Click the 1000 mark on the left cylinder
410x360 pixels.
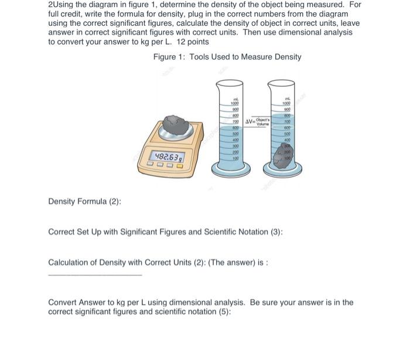point(235,103)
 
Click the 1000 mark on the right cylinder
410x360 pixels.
point(288,103)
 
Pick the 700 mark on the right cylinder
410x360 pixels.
point(288,121)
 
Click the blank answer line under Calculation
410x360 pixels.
point(94,274)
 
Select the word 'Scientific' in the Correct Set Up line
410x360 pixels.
point(211,232)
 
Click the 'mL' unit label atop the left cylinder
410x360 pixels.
point(235,97)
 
